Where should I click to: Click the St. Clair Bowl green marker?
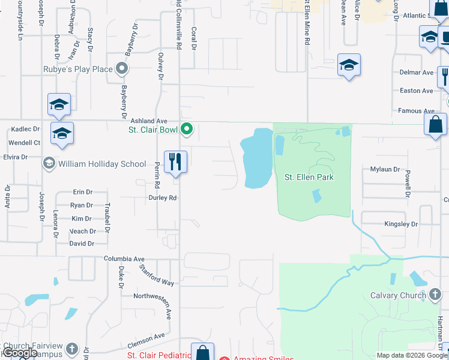point(187,129)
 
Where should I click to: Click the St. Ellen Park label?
point(309,177)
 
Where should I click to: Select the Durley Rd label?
point(163,197)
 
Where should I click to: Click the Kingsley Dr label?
point(401,224)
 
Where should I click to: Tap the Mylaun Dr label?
point(385,170)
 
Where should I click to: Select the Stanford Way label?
point(156,274)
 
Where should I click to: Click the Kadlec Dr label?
point(24,129)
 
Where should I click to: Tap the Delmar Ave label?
point(416,73)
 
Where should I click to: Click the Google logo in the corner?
point(20,353)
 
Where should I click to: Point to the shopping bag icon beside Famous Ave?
point(435,124)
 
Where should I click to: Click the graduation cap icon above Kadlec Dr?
point(59,104)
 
